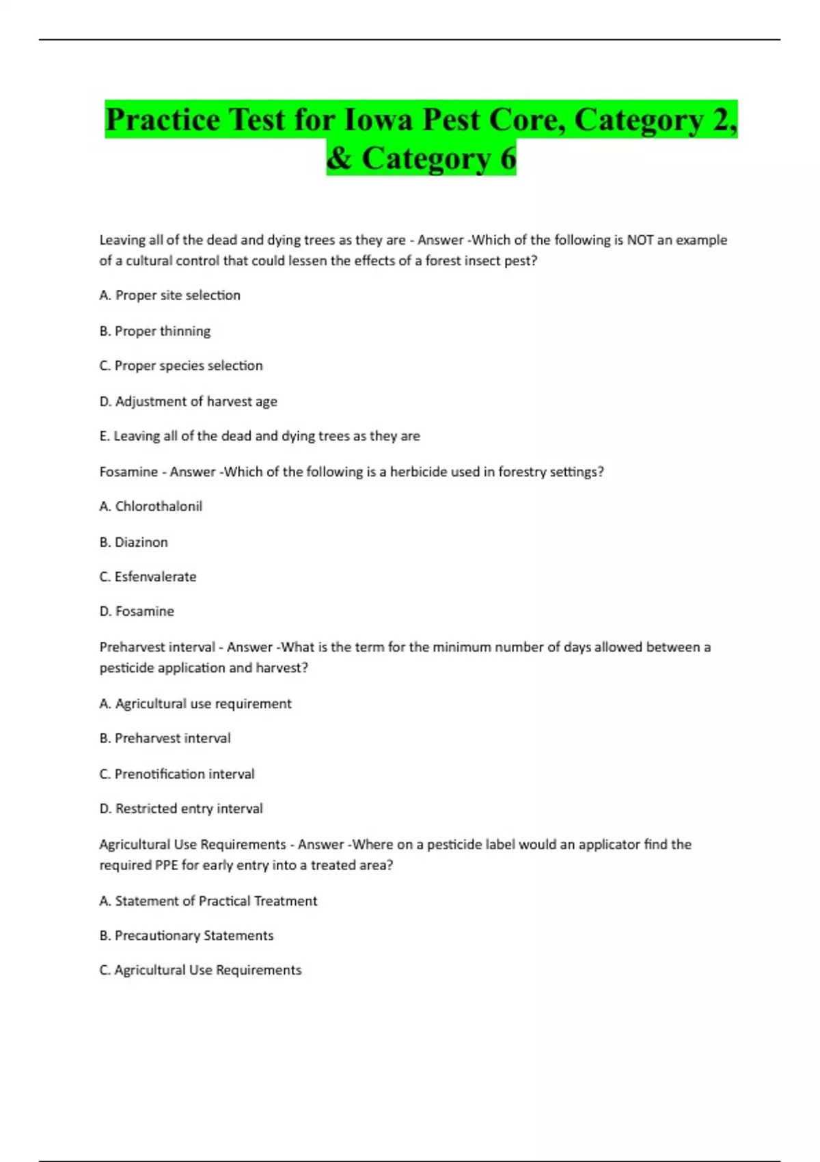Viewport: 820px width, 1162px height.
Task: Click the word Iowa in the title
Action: [378, 120]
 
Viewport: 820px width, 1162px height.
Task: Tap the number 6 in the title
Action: [508, 159]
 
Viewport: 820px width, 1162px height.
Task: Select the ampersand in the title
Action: [339, 159]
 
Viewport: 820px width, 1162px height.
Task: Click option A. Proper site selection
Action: [170, 295]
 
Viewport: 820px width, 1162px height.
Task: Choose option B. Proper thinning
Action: [155, 331]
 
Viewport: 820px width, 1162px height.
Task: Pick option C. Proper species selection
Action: [181, 366]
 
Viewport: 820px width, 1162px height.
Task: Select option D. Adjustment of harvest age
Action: [189, 401]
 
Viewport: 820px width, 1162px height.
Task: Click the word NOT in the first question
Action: [640, 240]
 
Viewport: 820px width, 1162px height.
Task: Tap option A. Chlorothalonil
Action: [151, 506]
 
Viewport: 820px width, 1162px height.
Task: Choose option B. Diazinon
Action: [134, 542]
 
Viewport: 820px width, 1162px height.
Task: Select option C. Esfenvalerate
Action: [148, 577]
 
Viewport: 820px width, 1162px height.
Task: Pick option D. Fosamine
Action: [137, 611]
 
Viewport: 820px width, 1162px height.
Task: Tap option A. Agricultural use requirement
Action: [195, 703]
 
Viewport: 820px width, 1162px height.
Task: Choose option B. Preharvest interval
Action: [165, 738]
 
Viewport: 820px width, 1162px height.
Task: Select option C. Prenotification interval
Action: [177, 774]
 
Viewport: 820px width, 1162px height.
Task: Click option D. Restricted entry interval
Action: [181, 809]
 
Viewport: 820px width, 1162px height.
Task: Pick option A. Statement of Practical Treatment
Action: [208, 901]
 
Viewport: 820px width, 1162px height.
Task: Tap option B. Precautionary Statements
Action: [187, 936]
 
